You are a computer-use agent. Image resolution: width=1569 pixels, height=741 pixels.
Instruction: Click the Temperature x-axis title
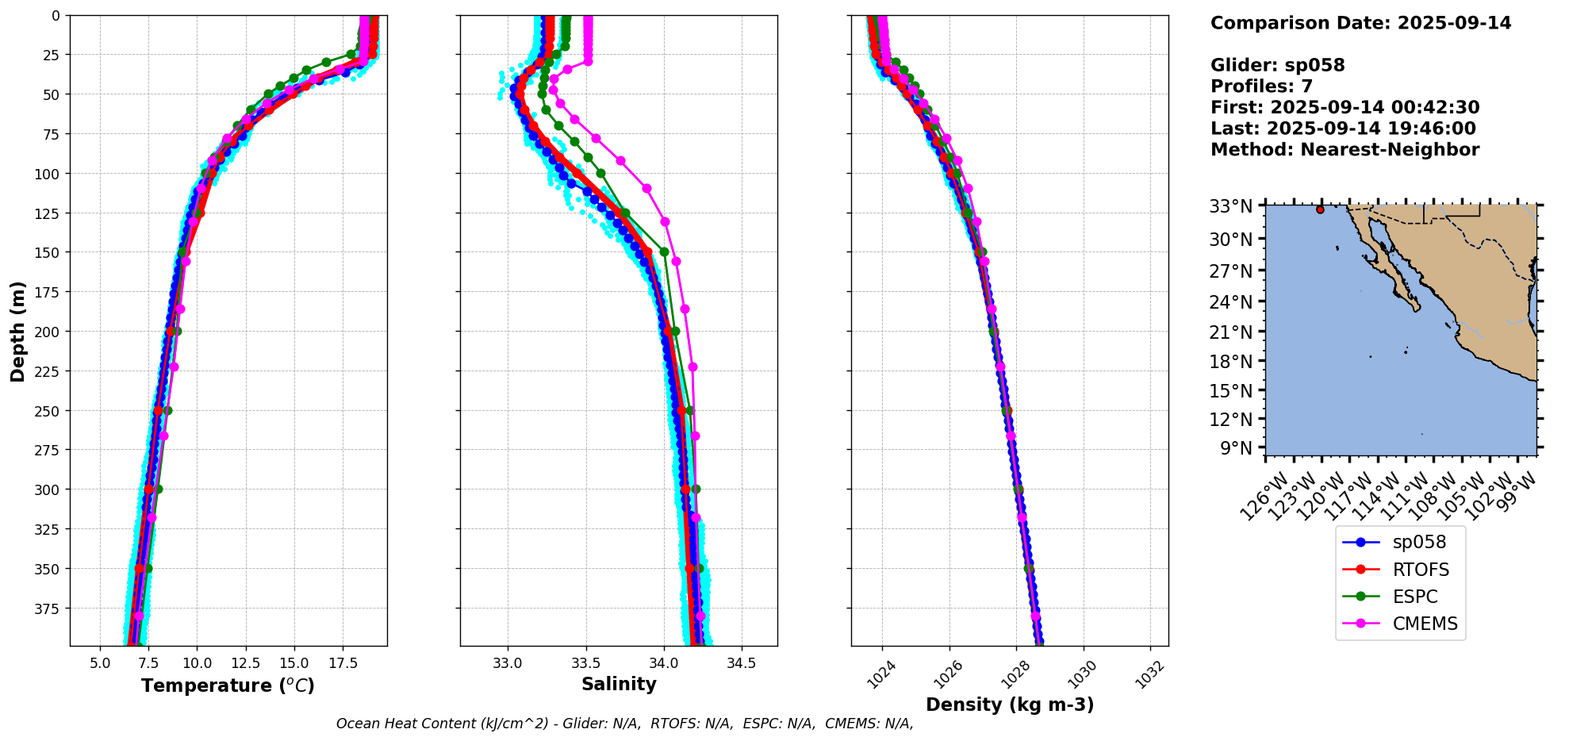(228, 685)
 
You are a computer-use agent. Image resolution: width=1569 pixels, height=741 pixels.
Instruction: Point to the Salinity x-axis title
(619, 685)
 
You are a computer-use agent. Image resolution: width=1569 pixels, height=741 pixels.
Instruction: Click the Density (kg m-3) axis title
(1010, 705)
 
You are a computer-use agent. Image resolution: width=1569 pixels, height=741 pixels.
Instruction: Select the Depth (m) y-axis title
(18, 331)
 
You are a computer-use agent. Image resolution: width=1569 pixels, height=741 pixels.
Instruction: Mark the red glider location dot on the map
(1320, 209)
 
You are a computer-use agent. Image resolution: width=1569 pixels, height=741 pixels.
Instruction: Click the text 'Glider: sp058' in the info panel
(1277, 65)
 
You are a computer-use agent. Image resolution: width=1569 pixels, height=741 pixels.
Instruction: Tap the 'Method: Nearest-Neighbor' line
(1345, 150)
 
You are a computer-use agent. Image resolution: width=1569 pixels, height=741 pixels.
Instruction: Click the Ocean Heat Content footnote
(624, 724)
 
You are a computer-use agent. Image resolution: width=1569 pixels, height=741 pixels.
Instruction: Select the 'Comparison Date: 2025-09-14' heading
(1360, 23)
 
